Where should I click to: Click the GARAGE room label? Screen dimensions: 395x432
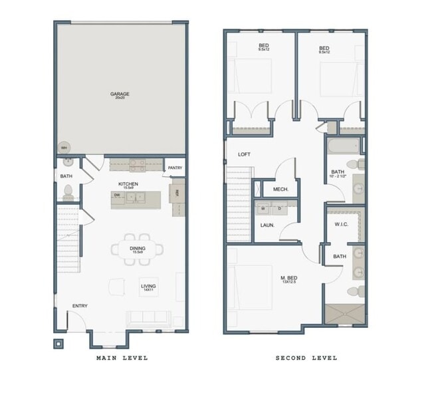coord(120,94)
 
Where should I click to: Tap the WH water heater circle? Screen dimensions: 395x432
coord(64,148)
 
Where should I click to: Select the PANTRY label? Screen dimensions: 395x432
coord(175,168)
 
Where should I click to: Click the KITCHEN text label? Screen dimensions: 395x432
coord(128,184)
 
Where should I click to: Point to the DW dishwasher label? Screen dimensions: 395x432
coord(117,196)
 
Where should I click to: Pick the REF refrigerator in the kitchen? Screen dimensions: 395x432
coord(177,195)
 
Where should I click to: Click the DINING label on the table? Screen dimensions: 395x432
coord(138,249)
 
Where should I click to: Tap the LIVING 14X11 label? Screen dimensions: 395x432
coord(148,287)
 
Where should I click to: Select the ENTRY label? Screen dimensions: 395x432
coord(80,306)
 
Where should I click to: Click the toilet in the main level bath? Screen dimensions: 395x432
coord(67,193)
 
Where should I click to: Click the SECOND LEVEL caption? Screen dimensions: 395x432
coord(306,358)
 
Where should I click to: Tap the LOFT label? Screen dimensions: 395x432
coord(245,154)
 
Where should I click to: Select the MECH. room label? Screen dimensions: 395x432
coord(280,190)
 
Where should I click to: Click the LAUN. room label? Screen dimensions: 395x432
coord(268,225)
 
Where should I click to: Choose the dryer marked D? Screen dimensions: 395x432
coord(278,208)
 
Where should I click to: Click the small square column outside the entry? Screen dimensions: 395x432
coord(58,344)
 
